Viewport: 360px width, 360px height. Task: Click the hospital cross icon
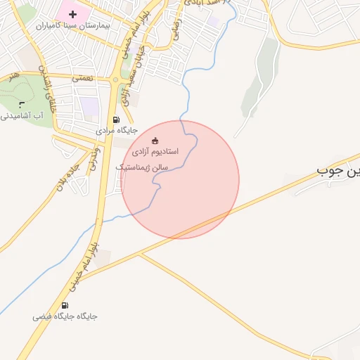[x=72, y=14]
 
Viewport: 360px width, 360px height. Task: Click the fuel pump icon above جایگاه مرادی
[x=117, y=120]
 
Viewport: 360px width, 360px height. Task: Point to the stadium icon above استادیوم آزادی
[x=155, y=140]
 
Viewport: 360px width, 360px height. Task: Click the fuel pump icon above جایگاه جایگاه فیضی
[x=65, y=305]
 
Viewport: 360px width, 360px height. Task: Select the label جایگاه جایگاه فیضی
[x=65, y=316]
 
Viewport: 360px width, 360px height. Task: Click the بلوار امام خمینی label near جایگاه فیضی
[x=84, y=267]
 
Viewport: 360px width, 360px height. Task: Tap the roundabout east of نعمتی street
[x=115, y=80]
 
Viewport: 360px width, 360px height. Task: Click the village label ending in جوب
[x=338, y=170]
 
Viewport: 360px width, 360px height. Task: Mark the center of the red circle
[x=181, y=179]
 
